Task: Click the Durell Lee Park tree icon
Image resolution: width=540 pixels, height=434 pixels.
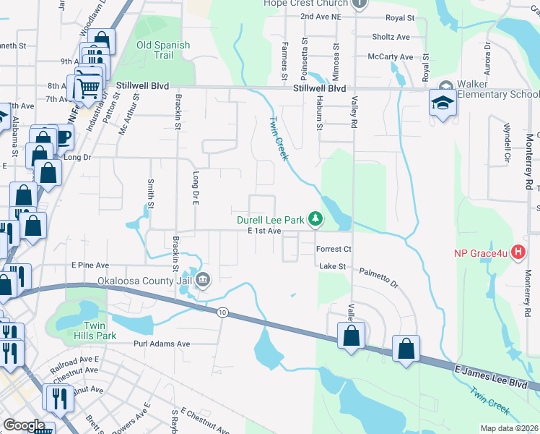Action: point(315,217)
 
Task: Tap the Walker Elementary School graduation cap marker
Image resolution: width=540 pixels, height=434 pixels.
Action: point(442,103)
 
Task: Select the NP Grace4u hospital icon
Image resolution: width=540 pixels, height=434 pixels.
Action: point(517,252)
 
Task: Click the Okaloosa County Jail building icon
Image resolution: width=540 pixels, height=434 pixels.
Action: point(203,279)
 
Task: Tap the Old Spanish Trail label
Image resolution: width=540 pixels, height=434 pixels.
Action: point(164,50)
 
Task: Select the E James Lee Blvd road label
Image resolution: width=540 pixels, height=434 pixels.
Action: point(492,380)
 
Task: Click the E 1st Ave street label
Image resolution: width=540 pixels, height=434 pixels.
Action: point(264,231)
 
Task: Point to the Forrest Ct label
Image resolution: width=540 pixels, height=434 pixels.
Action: point(334,249)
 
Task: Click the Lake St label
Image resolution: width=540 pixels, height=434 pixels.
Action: point(333,266)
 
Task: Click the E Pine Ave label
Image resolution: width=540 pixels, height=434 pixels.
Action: point(90,265)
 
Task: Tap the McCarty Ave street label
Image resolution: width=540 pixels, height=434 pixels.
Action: point(390,56)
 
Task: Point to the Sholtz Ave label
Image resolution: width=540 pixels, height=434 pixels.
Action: point(391,37)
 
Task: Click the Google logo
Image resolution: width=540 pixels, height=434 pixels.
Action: point(24,425)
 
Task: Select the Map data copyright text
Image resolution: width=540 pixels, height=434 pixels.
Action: point(508,428)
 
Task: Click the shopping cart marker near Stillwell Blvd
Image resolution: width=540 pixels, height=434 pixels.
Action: point(89,88)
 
